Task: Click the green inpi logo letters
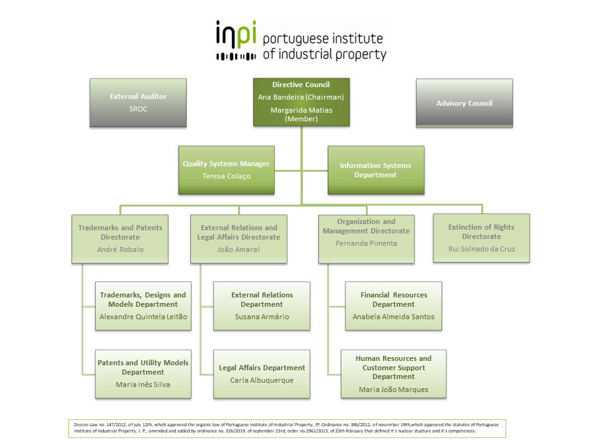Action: [236, 35]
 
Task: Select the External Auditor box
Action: [138, 103]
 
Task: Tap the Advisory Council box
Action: [464, 103]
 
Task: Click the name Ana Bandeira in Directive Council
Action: [281, 97]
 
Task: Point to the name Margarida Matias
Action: [302, 110]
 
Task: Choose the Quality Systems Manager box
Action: [226, 170]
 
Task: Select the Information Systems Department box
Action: [376, 170]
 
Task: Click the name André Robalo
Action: [120, 250]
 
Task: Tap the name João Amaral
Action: [239, 250]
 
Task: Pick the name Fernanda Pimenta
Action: [366, 243]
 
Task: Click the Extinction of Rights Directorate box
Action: [481, 238]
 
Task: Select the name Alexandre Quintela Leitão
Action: [143, 317]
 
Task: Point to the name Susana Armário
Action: [262, 317]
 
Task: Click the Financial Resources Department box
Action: [394, 306]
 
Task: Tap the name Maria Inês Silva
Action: [143, 385]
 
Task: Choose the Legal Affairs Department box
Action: [262, 374]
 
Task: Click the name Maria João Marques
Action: [394, 390]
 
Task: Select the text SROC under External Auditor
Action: [138, 109]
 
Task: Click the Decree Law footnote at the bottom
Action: [287, 429]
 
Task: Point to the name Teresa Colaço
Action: [226, 176]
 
